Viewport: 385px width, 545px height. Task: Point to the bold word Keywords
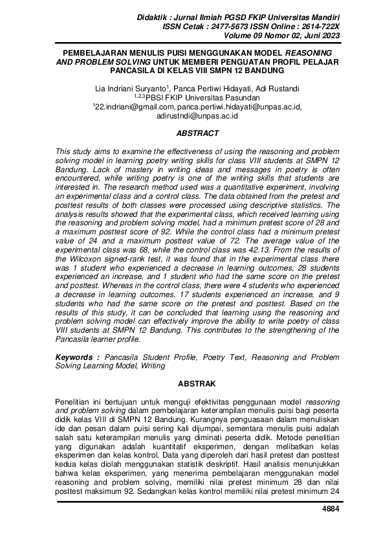click(x=74, y=356)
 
